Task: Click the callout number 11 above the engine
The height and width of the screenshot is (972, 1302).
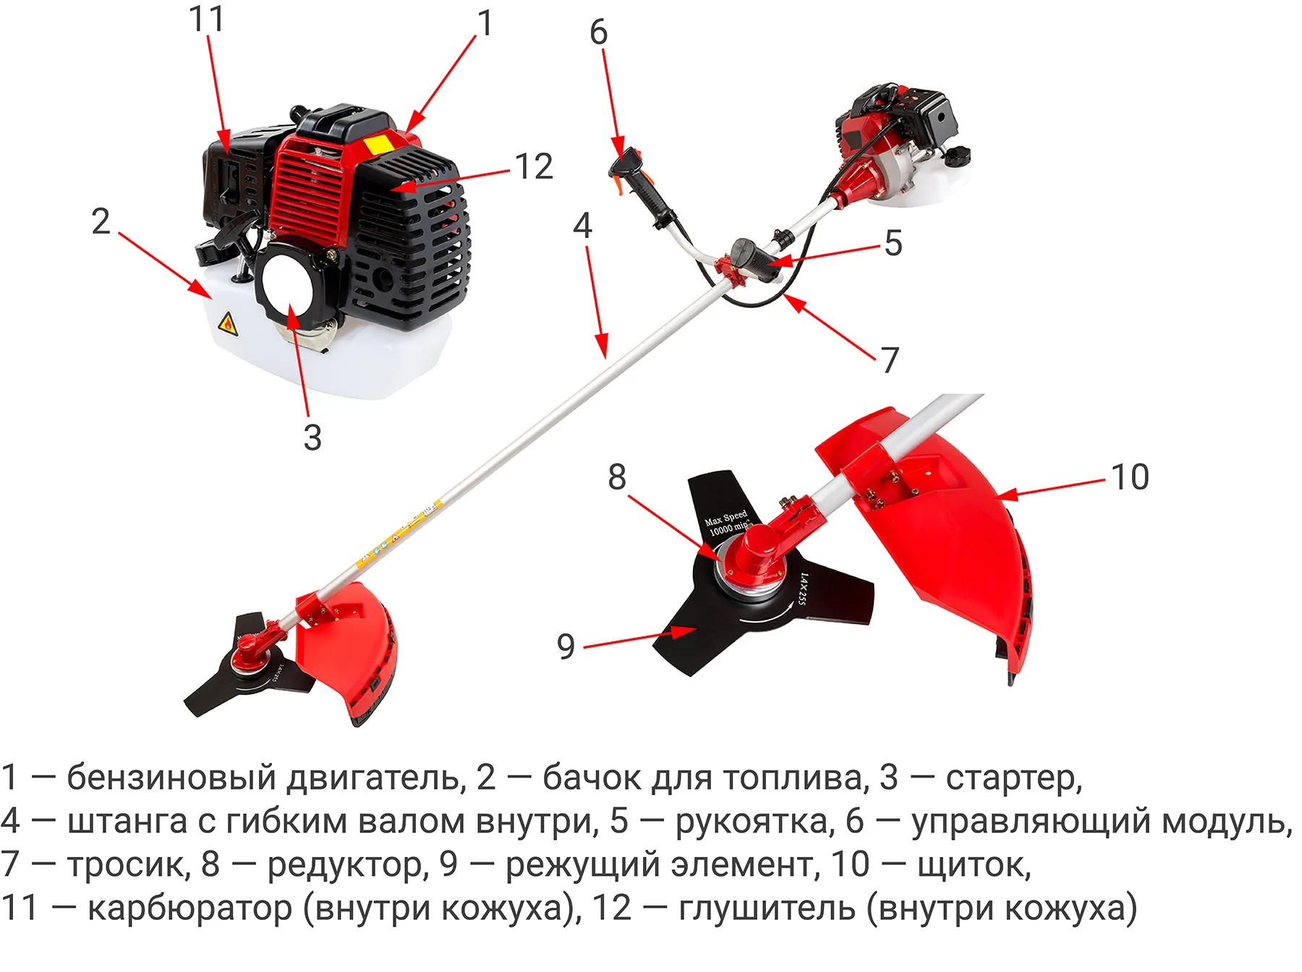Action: pos(207,20)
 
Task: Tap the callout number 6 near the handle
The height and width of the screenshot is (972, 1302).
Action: pos(599,33)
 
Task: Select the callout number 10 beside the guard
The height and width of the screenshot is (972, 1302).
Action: pos(1129,477)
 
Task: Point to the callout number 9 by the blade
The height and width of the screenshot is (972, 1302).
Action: pos(566,646)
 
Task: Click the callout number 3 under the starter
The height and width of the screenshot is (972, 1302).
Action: pos(312,437)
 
